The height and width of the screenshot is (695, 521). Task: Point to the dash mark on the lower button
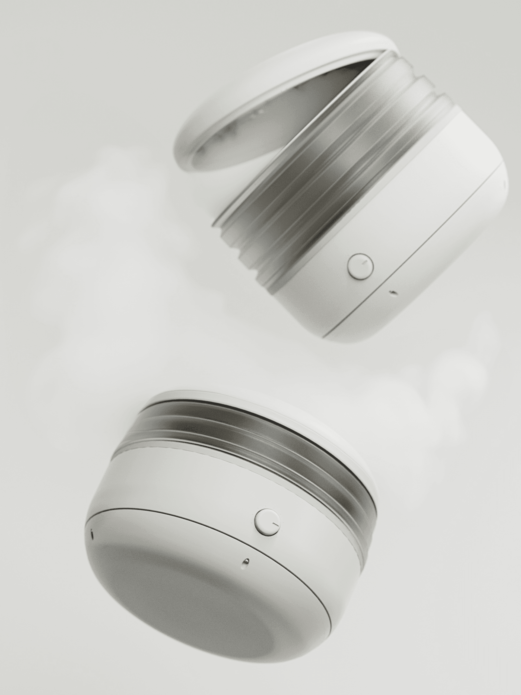[275, 524]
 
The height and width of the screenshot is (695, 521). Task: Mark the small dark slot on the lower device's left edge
[92, 533]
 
